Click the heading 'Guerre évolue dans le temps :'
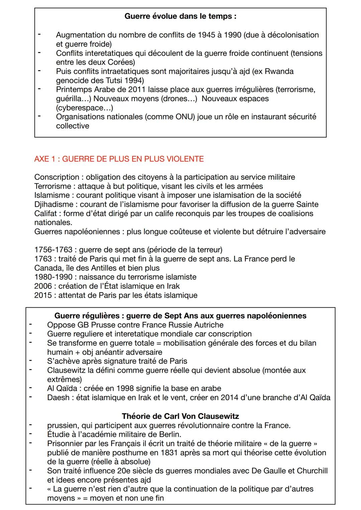180,16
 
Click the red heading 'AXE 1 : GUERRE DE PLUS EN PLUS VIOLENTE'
119,159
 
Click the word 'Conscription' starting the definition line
56,177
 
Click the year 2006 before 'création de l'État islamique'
43,286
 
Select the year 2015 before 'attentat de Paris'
43,295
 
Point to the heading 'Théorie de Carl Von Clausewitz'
180,416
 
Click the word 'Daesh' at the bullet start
58,397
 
